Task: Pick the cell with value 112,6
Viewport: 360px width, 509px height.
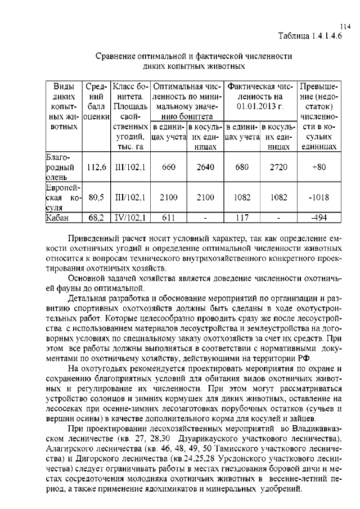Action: click(97, 167)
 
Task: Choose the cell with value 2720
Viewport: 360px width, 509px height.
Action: click(278, 167)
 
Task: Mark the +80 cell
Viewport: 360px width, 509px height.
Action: click(319, 167)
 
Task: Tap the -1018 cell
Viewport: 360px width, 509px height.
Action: click(319, 197)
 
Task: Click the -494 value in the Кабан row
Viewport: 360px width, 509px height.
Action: click(319, 217)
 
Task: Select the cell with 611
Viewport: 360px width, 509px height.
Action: click(169, 217)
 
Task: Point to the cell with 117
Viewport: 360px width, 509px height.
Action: click(242, 217)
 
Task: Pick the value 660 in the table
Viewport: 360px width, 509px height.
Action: click(169, 167)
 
